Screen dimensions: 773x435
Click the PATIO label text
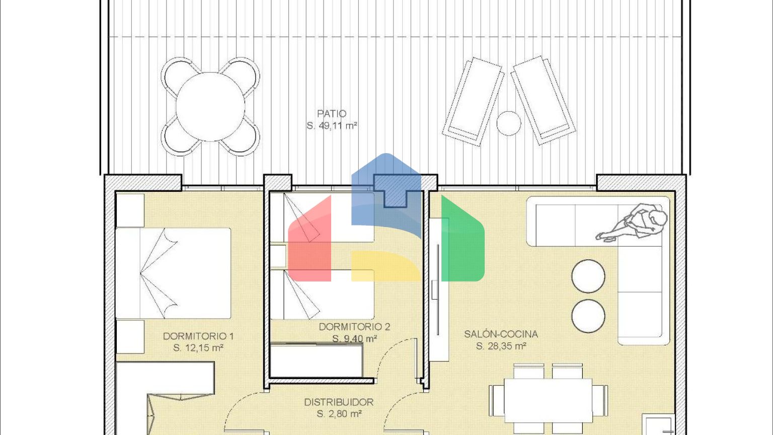332,114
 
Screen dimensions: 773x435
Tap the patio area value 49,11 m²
332,126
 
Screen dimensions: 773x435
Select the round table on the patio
210,107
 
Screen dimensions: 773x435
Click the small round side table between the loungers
509,123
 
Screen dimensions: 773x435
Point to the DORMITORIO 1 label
198,336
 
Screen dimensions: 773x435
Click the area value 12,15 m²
198,348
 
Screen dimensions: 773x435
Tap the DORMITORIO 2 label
354,327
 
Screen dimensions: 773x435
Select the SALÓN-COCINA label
501,334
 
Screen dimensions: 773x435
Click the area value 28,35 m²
501,346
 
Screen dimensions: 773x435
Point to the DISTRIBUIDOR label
339,402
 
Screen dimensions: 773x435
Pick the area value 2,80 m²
339,413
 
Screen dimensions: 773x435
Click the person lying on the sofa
632,223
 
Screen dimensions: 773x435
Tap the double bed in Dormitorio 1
173,273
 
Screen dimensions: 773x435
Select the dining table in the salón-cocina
549,400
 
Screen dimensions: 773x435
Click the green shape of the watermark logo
463,238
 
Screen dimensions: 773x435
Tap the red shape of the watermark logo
310,238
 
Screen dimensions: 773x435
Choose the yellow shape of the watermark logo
386,266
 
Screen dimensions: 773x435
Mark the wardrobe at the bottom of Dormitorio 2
316,360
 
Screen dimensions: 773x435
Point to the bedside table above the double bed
130,210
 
